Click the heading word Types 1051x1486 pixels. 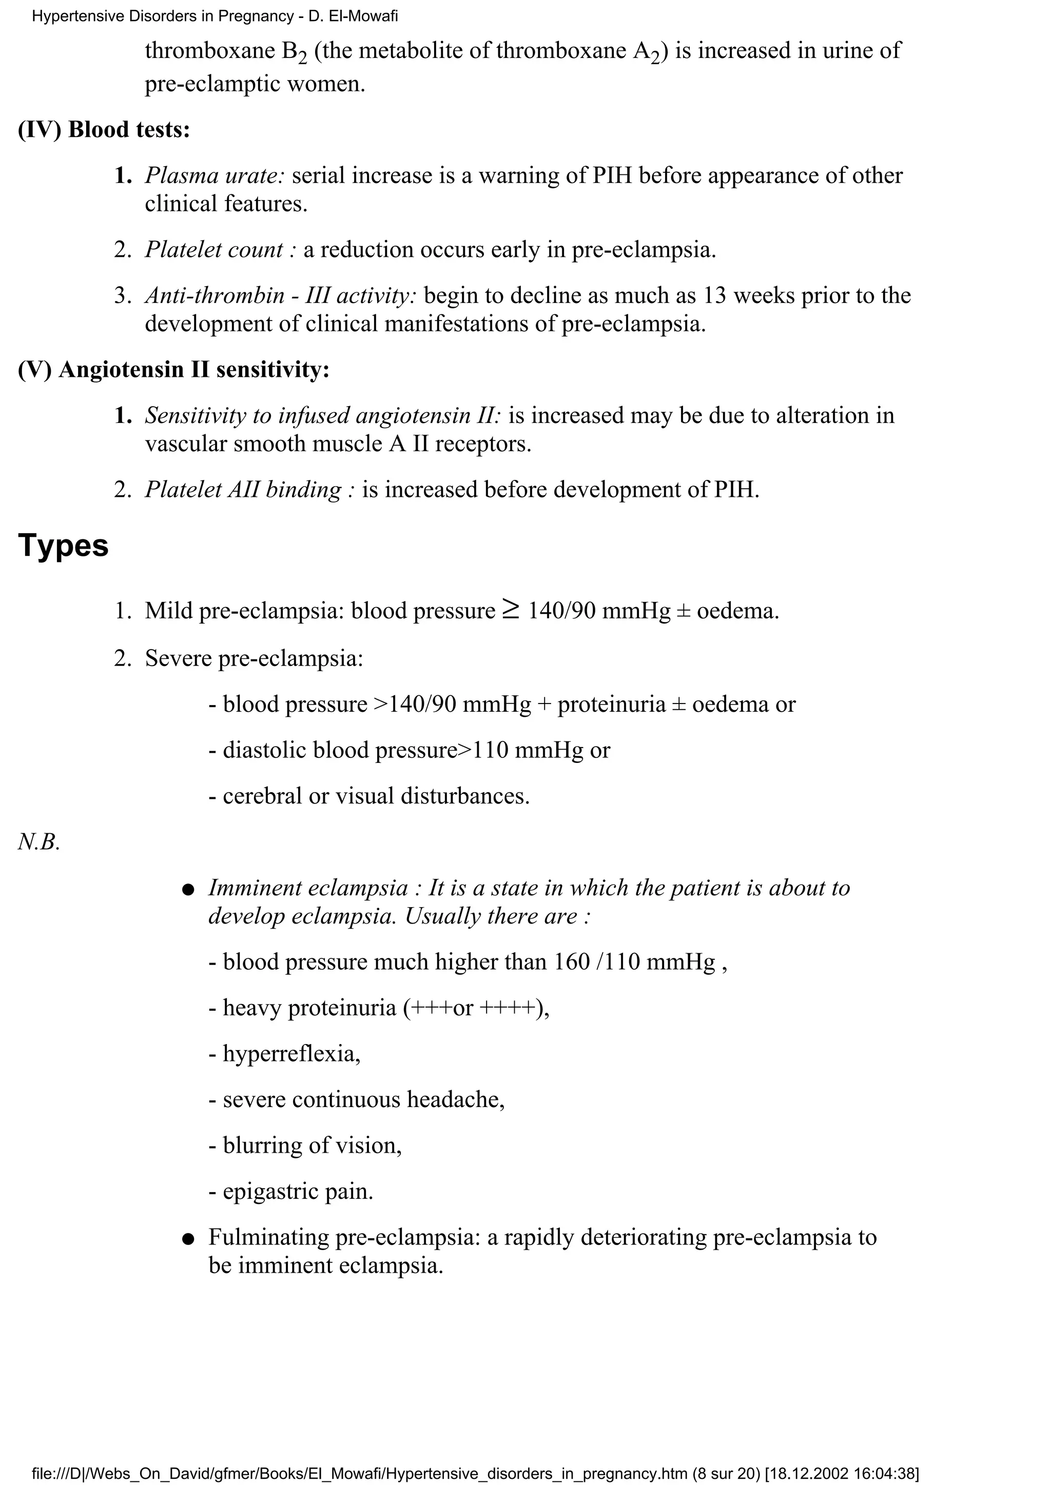[63, 546]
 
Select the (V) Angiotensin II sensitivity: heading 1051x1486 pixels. [173, 370]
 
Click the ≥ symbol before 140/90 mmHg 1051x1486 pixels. [510, 610]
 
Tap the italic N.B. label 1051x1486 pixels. [39, 842]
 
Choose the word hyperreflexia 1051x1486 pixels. [291, 1054]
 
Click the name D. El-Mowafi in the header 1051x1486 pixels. [353, 16]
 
